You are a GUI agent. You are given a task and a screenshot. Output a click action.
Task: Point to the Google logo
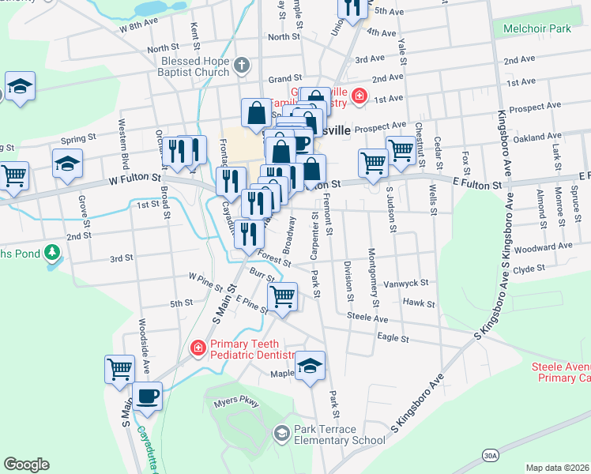click(x=26, y=465)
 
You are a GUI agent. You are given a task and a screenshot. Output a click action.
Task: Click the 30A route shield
click(x=491, y=456)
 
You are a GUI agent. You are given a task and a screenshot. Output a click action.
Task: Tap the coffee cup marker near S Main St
click(x=147, y=397)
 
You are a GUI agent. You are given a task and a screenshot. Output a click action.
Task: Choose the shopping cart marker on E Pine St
click(x=282, y=298)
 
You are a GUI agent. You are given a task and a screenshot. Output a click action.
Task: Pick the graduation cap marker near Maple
click(x=311, y=367)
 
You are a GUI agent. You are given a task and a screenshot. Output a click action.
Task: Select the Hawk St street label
click(x=419, y=303)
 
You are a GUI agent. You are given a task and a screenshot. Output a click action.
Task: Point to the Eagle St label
click(x=393, y=337)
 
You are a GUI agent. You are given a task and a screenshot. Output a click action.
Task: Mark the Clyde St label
click(x=529, y=269)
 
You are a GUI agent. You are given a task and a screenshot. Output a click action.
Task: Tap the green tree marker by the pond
click(x=53, y=254)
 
